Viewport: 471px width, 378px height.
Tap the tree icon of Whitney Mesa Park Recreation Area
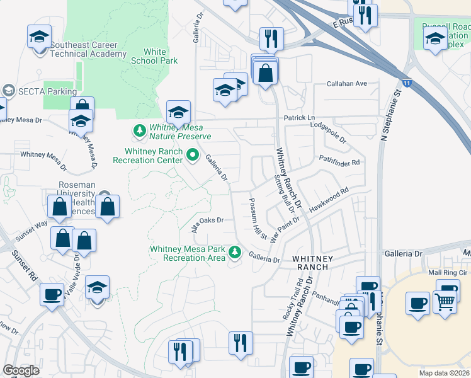(x=235, y=253)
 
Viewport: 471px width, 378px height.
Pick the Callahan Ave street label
(x=346, y=83)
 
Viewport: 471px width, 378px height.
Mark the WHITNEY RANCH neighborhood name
(x=310, y=263)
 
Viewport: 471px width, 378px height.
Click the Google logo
(x=21, y=370)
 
